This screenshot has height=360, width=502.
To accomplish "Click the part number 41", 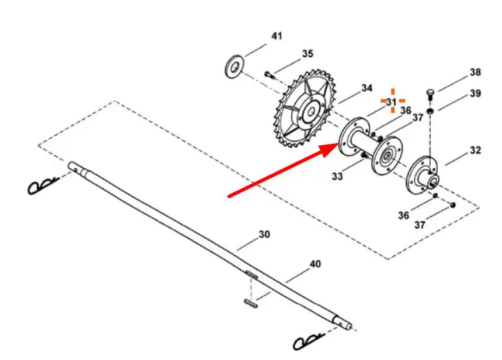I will pos(277,36).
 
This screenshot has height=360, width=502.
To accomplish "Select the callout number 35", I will pos(307,54).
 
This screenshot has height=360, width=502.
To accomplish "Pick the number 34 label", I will pos(367,89).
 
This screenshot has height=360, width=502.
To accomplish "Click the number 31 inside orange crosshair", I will pos(392,102).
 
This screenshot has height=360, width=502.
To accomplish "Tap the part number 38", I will pos(475,72).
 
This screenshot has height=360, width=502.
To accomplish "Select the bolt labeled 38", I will pos(430,93).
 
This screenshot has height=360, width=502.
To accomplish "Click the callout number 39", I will pos(475,93).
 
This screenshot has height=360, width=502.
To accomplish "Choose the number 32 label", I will pos(475,150).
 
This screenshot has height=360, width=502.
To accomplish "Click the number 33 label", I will pos(337,177).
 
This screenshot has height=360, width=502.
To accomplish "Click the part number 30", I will pos(264,235).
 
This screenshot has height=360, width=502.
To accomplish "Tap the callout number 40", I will pos(315,264).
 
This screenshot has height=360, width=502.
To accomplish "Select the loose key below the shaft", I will pos(252,303).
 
